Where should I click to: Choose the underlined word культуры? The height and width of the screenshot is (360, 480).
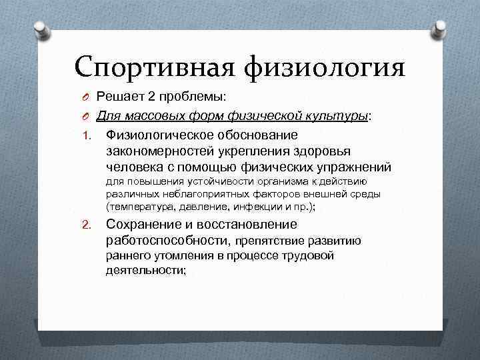pos(337,116)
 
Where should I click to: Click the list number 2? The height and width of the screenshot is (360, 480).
pos(87,225)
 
